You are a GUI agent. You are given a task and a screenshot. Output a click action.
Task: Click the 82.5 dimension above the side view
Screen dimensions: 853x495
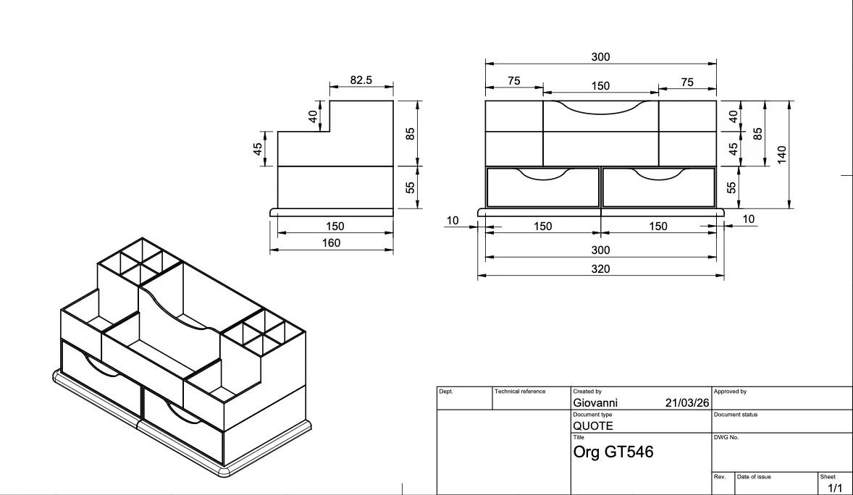tap(361, 80)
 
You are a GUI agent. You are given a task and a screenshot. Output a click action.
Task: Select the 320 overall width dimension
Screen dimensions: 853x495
tap(600, 268)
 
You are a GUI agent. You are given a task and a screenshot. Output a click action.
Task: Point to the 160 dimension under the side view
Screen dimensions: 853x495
tap(332, 243)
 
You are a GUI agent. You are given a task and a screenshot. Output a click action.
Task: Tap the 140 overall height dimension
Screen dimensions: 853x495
tap(782, 154)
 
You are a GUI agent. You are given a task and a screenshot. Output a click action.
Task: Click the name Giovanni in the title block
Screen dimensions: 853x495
tap(595, 403)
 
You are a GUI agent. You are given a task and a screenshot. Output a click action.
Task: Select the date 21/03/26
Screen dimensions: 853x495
tap(687, 403)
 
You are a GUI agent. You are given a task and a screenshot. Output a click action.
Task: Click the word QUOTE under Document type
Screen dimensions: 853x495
tap(593, 426)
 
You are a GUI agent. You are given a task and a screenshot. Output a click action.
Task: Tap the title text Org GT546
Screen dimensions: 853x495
tap(613, 452)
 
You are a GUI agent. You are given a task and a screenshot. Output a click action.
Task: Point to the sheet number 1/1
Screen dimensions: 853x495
tap(834, 488)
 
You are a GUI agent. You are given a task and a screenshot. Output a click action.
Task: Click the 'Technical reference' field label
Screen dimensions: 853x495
tap(519, 391)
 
